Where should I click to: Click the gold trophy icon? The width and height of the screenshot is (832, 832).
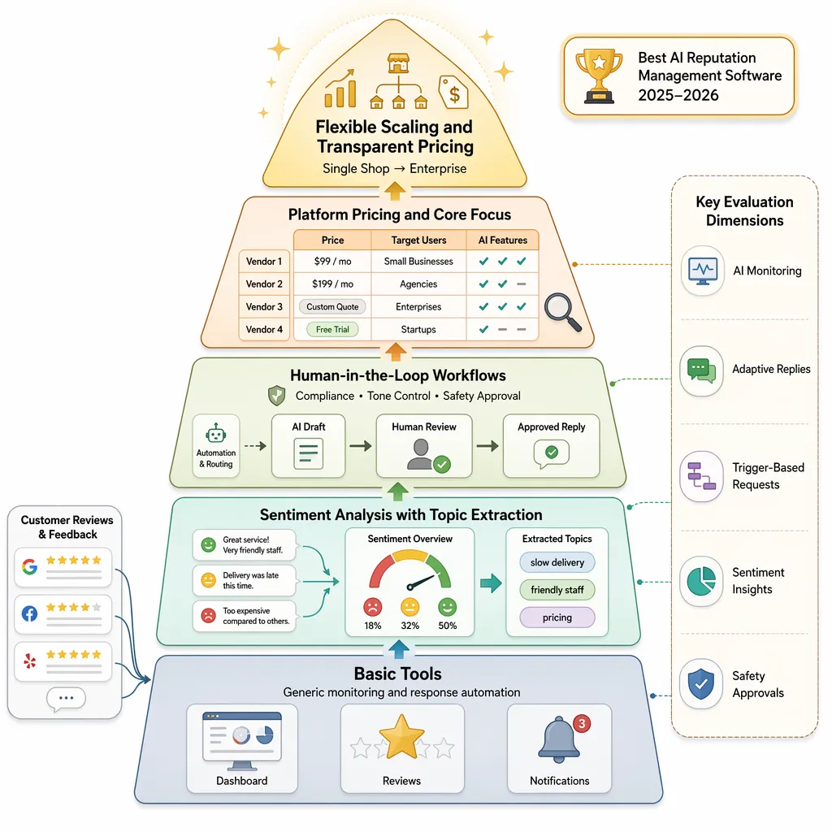[599, 76]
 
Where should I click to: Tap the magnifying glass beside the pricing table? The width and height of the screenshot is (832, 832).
[562, 312]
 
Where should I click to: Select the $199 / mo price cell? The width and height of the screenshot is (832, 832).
[332, 284]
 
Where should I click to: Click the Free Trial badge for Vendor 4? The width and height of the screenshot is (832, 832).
[332, 330]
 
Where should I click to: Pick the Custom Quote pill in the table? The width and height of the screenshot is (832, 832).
[332, 306]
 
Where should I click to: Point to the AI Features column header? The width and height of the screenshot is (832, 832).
[502, 240]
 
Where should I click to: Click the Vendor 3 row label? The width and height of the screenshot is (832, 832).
[264, 306]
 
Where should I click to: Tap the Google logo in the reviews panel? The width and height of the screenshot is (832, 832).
[30, 566]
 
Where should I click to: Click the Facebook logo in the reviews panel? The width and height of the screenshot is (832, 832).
[30, 614]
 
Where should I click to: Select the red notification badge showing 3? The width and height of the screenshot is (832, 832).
[582, 723]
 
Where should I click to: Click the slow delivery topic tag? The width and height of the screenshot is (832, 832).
[557, 562]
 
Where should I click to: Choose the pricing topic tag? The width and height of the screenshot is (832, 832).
[557, 617]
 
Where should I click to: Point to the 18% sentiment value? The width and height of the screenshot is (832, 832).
[372, 626]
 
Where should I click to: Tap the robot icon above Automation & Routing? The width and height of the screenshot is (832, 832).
[216, 434]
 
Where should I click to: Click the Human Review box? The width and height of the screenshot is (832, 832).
[424, 446]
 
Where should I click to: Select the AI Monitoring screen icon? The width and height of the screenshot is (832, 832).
[703, 271]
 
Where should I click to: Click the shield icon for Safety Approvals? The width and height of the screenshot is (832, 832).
[701, 684]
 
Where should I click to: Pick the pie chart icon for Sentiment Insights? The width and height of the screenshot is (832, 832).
[701, 581]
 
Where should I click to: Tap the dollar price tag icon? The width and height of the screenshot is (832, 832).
[453, 92]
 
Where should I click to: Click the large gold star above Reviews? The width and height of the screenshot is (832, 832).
[401, 736]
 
